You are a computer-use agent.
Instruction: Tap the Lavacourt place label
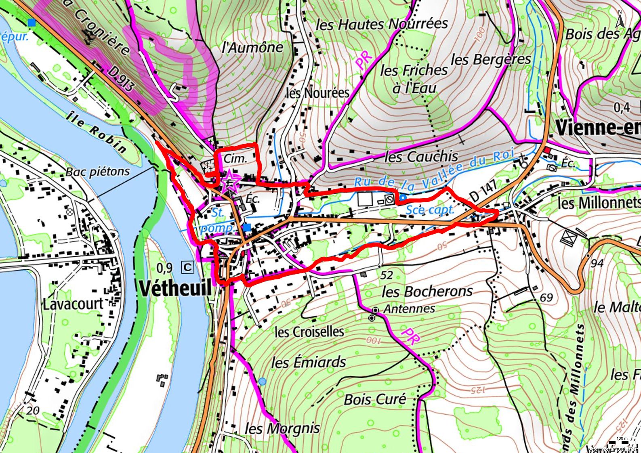coord(73,304)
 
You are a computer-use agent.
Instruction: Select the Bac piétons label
coord(98,172)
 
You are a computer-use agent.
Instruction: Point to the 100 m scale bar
coord(622,442)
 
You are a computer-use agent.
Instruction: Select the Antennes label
coord(409,309)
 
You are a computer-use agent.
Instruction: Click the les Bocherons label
coord(427,291)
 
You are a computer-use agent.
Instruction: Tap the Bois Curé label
coord(375,399)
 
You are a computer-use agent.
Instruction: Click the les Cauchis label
coord(421,156)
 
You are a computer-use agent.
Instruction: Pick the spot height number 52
coord(387,275)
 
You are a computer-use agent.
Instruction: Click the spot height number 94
coord(597,263)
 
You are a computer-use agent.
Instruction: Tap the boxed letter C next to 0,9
coord(188,267)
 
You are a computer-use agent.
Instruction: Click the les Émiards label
coord(309,362)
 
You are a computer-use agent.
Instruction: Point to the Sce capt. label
coord(430,210)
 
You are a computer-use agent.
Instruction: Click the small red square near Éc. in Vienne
coord(547,151)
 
